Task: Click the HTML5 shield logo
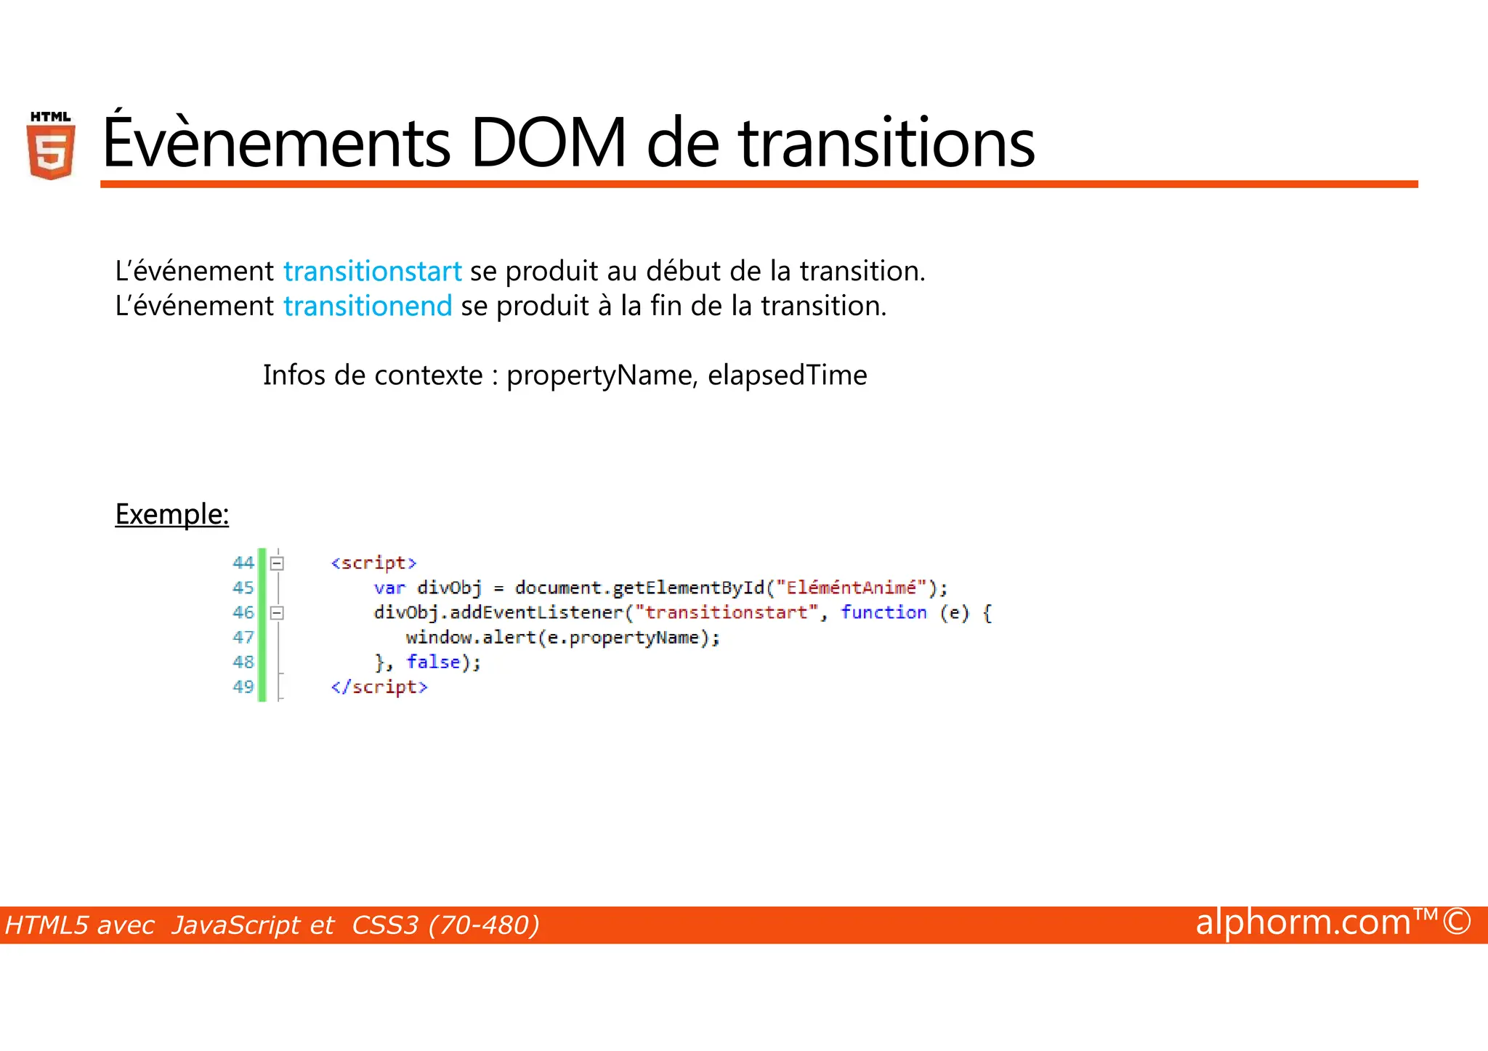pyautogui.click(x=51, y=147)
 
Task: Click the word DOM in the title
pyautogui.click(x=549, y=143)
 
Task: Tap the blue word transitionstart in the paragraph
pyautogui.click(x=372, y=272)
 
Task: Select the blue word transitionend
pyautogui.click(x=368, y=307)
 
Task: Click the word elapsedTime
pyautogui.click(x=787, y=376)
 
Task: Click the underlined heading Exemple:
pyautogui.click(x=172, y=514)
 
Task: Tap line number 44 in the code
pyautogui.click(x=243, y=563)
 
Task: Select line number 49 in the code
pyautogui.click(x=243, y=687)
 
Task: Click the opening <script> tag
pyautogui.click(x=373, y=563)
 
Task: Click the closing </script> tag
pyautogui.click(x=379, y=687)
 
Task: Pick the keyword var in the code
pyautogui.click(x=389, y=588)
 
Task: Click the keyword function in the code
pyautogui.click(x=883, y=612)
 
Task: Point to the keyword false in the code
pyautogui.click(x=433, y=662)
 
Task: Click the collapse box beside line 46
pyautogui.click(x=277, y=613)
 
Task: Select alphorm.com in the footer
pyautogui.click(x=1303, y=922)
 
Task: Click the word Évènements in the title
pyautogui.click(x=276, y=143)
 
